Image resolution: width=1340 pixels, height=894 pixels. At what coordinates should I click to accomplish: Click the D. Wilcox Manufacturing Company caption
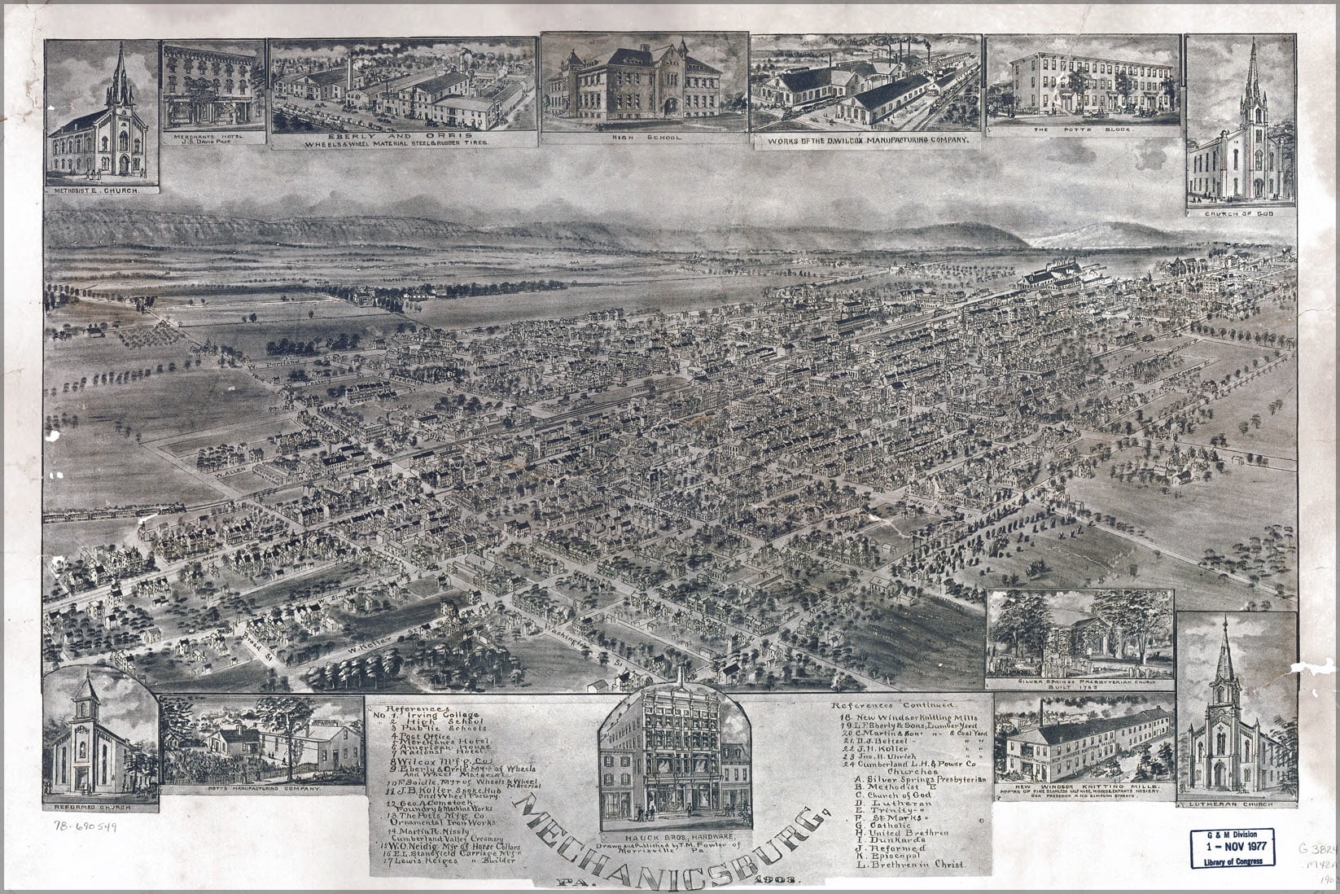click(x=865, y=140)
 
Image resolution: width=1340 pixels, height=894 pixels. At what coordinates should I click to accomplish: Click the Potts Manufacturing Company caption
click(x=262, y=790)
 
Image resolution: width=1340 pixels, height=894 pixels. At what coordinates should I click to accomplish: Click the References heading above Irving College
click(x=418, y=708)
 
